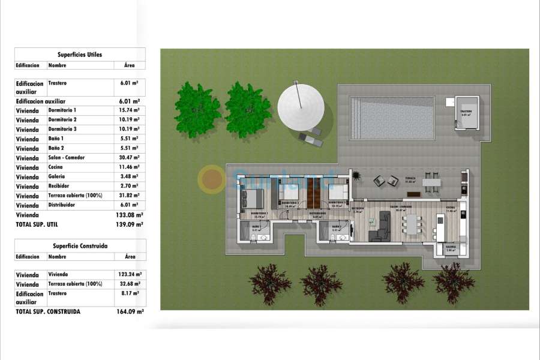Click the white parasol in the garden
tap(301, 104)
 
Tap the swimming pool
tap(392, 118)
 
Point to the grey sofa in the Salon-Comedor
tap(379, 230)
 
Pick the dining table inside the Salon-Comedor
tap(411, 225)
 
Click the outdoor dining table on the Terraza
tap(431, 182)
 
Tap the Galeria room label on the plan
tap(451, 247)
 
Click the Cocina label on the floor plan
tap(450, 209)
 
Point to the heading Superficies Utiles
tap(80, 55)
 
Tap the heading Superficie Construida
tap(80, 246)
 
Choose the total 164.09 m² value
tap(129, 312)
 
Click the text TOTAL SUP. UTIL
tap(37, 224)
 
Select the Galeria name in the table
tap(57, 177)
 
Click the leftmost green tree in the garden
tap(197, 110)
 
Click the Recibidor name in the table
tap(60, 187)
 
